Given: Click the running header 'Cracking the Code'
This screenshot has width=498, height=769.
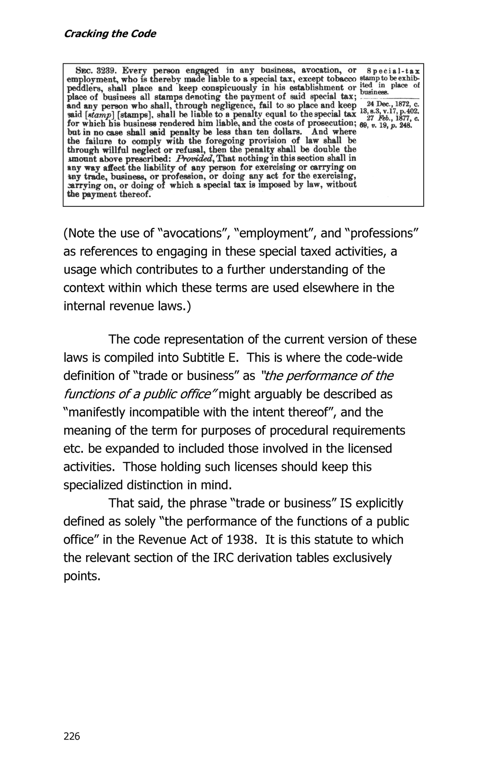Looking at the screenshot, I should pos(110,34).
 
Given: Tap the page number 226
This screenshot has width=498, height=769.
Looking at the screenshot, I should pos(72,736).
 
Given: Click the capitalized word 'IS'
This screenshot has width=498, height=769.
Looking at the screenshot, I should pos(345,503).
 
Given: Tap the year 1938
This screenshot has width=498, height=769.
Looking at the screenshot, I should pos(239,540).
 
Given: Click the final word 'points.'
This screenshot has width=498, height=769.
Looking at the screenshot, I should pos(81,576).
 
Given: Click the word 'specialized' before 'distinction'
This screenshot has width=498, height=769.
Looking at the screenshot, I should pos(95,485).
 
